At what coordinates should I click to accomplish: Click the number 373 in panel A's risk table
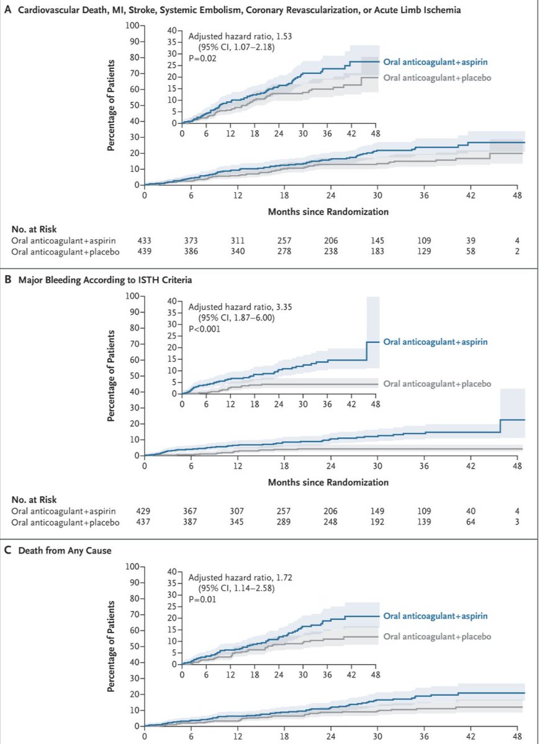191,241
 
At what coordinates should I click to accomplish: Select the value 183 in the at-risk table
377,251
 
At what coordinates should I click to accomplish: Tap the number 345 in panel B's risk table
236,522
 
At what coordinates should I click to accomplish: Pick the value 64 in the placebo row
470,522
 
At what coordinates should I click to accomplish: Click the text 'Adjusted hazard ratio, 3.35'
240,306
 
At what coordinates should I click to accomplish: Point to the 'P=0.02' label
202,58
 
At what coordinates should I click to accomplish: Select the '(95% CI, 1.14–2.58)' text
236,588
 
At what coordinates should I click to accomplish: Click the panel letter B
7,280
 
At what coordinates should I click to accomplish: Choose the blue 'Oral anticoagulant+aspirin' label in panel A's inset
436,62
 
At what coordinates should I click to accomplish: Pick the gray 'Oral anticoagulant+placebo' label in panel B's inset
437,384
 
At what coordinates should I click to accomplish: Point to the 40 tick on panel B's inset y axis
172,301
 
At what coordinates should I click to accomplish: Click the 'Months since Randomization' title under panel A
328,211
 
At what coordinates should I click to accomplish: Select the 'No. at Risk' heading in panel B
34,500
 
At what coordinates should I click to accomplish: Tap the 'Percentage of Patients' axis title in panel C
111,646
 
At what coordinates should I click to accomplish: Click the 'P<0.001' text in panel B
204,329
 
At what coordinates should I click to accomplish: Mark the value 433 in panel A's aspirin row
144,241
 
